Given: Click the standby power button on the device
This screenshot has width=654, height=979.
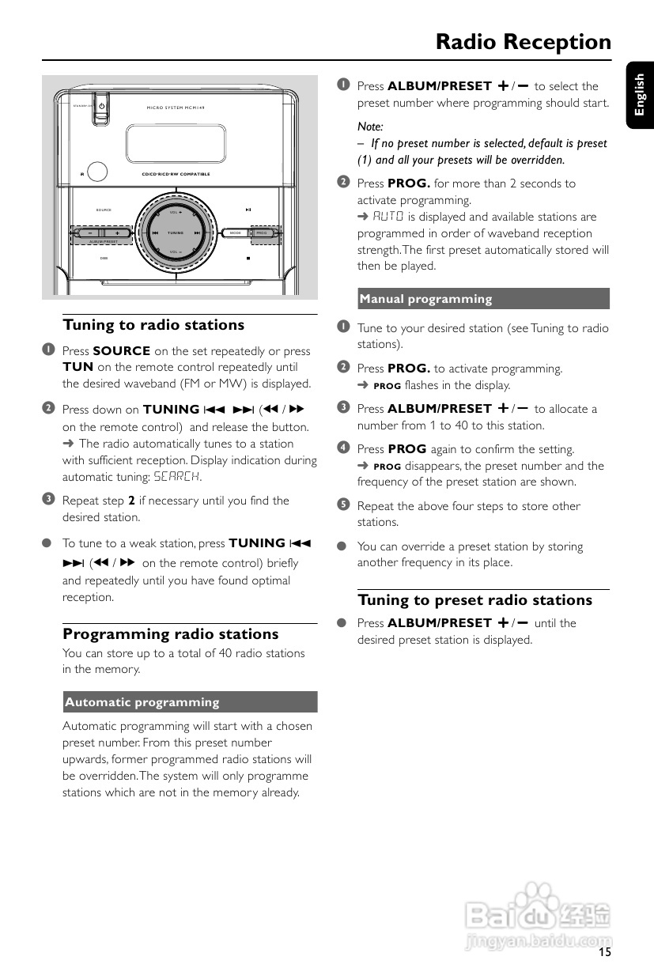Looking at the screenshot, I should tap(100, 106).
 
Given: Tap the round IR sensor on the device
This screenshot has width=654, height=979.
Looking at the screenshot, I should tap(97, 172).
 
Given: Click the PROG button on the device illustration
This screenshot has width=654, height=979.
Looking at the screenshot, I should tap(263, 233).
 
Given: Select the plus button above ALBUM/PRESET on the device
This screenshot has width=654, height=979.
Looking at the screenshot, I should tap(117, 233).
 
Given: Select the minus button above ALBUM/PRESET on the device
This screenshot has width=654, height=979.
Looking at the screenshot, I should tap(90, 233).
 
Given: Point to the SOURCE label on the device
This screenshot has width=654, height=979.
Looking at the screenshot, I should tap(104, 210).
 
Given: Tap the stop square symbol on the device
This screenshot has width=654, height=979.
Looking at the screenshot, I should tap(248, 258).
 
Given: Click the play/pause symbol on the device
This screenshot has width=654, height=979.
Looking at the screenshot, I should tap(248, 210).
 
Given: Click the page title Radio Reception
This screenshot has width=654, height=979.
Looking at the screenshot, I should tap(523, 42).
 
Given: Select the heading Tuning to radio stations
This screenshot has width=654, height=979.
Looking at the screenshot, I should tap(153, 325).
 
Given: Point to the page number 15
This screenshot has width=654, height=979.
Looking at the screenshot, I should tap(604, 952).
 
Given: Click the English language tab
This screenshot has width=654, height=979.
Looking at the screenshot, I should tap(640, 95).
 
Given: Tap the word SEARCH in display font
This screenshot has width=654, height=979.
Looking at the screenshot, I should tap(176, 477).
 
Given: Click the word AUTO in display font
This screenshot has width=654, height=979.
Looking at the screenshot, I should tap(388, 217).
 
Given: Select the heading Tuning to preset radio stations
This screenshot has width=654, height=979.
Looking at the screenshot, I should tap(474, 599).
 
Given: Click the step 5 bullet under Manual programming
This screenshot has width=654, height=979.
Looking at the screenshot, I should tap(343, 505).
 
